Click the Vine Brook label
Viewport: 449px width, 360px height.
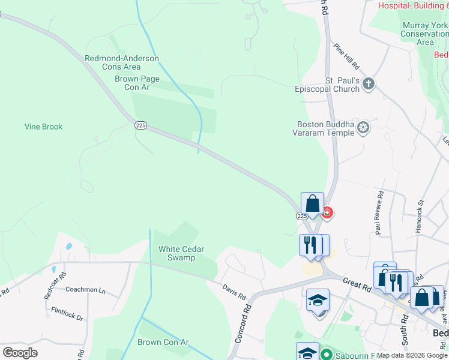click(43, 127)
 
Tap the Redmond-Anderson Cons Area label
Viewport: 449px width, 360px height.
click(122, 62)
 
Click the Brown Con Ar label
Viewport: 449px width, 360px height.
click(163, 343)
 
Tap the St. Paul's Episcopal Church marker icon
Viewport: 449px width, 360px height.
click(369, 84)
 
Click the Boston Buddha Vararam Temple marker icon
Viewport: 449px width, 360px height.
click(363, 127)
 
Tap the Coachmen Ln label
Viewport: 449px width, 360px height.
click(85, 290)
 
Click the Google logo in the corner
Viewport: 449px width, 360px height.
click(20, 352)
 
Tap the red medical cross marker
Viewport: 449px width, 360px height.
click(327, 212)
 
